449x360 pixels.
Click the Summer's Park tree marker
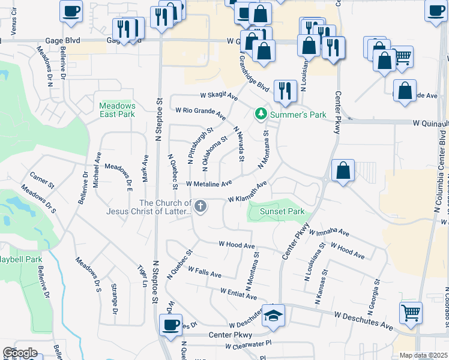click(x=261, y=113)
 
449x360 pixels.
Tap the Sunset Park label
click(x=282, y=212)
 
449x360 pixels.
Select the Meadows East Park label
click(x=118, y=110)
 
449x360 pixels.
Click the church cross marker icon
click(x=200, y=206)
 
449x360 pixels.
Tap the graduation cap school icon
click(x=274, y=313)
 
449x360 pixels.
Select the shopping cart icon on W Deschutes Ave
click(x=411, y=312)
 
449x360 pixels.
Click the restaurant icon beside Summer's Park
click(x=285, y=91)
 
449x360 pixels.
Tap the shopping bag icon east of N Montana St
click(x=343, y=170)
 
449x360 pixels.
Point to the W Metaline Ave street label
click(x=209, y=184)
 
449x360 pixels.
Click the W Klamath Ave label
click(x=247, y=193)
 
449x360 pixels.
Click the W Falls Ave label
click(x=205, y=272)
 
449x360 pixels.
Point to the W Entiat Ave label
click(x=238, y=294)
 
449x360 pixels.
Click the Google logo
click(x=20, y=353)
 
